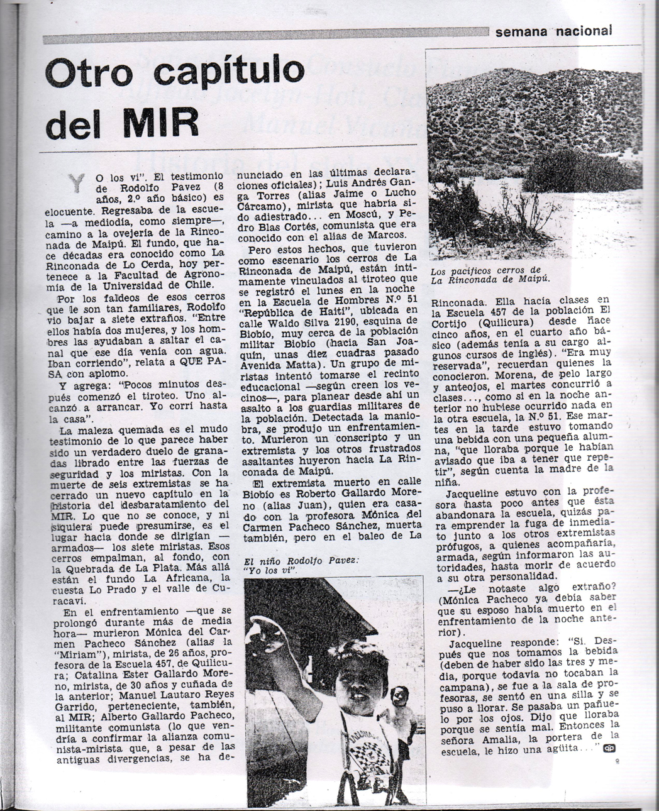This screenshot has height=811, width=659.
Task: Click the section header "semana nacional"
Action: pyautogui.click(x=553, y=31)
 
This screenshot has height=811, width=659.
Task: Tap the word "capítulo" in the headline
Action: pyautogui.click(x=229, y=71)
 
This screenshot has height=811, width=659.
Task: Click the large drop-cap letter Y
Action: pyautogui.click(x=77, y=182)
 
